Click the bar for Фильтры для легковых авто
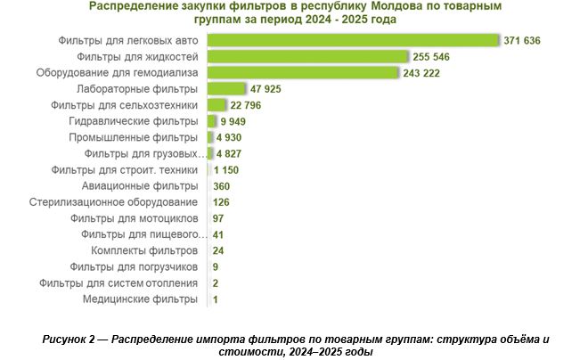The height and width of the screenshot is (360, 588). [x=352, y=40]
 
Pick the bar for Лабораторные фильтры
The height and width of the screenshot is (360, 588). [x=226, y=88]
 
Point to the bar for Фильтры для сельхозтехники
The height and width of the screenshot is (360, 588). [x=216, y=105]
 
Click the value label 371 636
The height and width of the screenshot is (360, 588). [x=523, y=40]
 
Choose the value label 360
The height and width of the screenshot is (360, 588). [x=222, y=185]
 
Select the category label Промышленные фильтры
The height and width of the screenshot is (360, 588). [x=134, y=137]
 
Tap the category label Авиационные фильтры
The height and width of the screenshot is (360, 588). [x=139, y=185]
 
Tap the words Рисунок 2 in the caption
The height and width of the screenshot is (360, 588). [x=75, y=340]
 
